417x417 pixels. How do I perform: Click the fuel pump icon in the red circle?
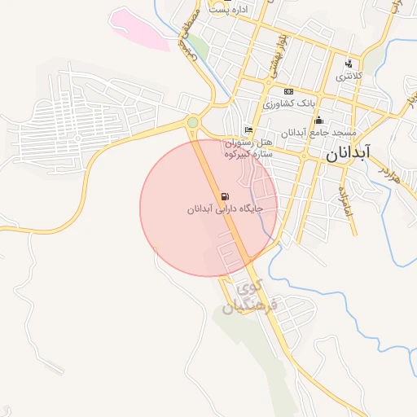[x=225, y=196]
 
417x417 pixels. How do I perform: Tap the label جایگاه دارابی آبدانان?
[x=225, y=209]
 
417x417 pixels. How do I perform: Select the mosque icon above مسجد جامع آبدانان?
[x=318, y=120]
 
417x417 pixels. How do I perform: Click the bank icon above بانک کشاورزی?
[x=288, y=91]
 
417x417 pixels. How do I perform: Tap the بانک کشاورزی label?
[x=288, y=103]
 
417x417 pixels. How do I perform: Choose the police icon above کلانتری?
[x=349, y=64]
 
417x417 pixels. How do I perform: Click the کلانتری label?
[x=349, y=76]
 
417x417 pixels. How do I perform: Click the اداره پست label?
[x=228, y=10]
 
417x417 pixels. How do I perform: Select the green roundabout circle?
[x=192, y=122]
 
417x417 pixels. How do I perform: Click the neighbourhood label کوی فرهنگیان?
[x=252, y=298]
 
